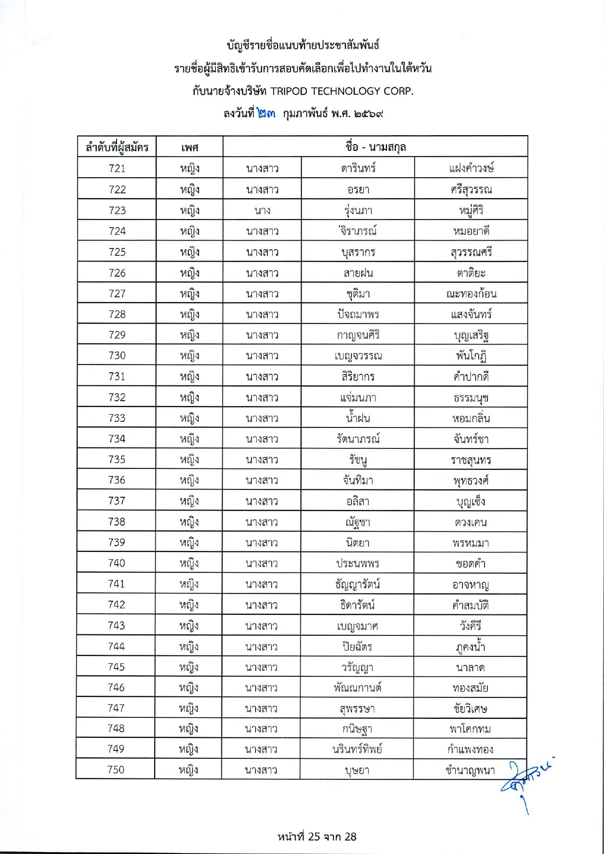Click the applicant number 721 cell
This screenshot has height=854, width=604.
117,168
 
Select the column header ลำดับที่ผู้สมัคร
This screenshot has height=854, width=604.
117,147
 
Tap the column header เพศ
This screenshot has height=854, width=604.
189,147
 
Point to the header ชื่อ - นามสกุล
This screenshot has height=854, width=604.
375,146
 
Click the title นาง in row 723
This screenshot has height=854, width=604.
262,210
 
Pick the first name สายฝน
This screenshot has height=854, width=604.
358,273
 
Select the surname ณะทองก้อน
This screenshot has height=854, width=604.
471,294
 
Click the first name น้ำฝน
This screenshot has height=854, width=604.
358,418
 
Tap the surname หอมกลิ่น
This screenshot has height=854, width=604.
471,418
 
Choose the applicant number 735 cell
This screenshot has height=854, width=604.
117,459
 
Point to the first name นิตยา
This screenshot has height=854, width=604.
358,543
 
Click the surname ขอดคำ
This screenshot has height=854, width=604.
470,564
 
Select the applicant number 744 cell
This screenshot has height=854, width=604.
117,647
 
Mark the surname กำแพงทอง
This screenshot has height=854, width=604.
470,749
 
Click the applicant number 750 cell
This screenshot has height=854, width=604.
116,770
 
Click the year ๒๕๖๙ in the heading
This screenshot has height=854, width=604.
368,114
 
